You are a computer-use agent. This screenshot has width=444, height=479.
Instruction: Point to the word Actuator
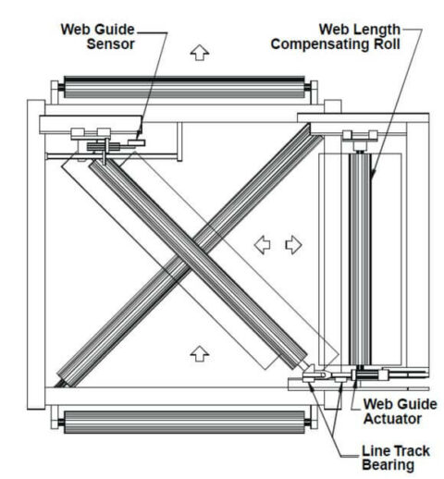tap(389, 421)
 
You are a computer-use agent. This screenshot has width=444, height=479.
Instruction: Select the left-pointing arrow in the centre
tap(264, 244)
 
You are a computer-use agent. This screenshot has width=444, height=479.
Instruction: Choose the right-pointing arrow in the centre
tap(293, 244)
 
